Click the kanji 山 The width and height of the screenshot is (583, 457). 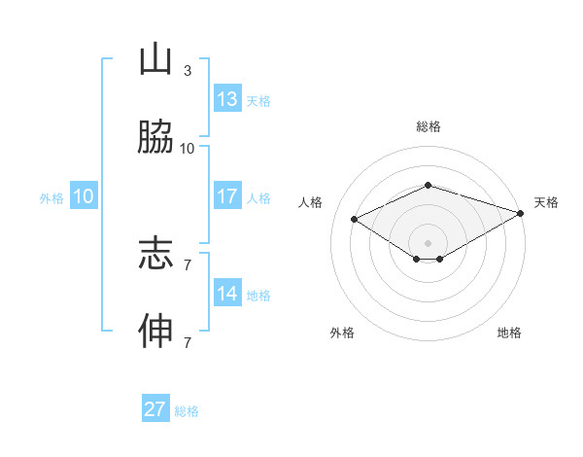click(x=155, y=60)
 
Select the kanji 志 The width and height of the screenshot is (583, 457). click(x=155, y=255)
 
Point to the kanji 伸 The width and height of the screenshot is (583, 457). click(x=155, y=332)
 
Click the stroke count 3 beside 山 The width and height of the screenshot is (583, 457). click(x=188, y=71)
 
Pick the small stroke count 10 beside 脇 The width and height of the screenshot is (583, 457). click(x=188, y=149)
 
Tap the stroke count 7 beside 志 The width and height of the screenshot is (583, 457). click(x=188, y=264)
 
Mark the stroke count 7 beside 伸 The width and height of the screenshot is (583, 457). click(x=188, y=342)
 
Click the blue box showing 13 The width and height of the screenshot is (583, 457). click(x=227, y=99)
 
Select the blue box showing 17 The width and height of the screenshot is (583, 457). click(x=227, y=196)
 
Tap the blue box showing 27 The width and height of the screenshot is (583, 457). click(x=155, y=409)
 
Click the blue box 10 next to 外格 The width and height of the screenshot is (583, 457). click(x=84, y=196)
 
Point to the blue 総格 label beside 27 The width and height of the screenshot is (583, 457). click(x=187, y=411)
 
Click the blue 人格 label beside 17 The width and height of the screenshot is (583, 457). click(x=258, y=198)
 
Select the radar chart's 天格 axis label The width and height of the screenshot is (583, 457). click(x=546, y=202)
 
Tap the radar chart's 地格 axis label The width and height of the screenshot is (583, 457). click(x=509, y=333)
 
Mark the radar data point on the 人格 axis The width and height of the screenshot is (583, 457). click(x=355, y=219)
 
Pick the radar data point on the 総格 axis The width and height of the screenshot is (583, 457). click(x=428, y=185)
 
